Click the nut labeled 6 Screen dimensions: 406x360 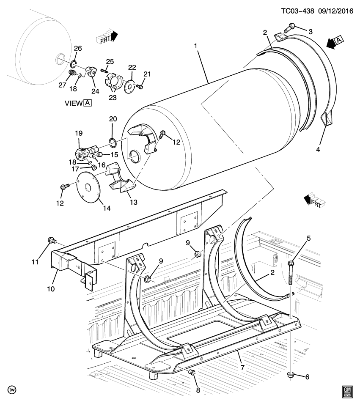[291, 375]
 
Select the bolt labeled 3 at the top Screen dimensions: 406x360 [289, 27]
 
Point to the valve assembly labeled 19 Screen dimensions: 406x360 [85, 153]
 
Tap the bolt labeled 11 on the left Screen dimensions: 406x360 [52, 241]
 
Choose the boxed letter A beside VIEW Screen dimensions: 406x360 [87, 103]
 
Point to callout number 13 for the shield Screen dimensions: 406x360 [133, 202]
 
